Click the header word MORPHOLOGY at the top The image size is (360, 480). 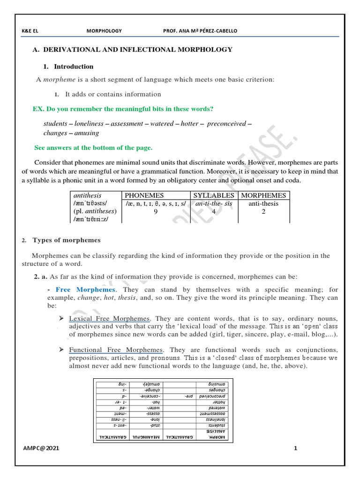(x=104, y=31)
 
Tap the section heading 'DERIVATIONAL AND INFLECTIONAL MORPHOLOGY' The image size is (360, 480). (x=138, y=49)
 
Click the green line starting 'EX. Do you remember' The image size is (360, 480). (x=123, y=109)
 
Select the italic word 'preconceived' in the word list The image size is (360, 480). (x=226, y=124)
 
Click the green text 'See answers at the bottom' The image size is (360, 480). (x=93, y=148)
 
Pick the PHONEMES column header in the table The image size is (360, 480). (x=144, y=195)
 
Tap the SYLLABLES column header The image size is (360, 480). (x=213, y=195)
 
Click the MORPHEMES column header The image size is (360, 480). (x=263, y=195)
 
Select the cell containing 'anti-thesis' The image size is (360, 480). (x=263, y=203)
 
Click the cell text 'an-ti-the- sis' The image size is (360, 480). (x=213, y=203)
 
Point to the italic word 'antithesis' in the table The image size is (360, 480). (x=88, y=195)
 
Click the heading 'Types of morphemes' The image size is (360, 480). (x=66, y=240)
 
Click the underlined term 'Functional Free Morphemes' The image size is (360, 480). (x=116, y=350)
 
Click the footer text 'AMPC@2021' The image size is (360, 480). (x=41, y=448)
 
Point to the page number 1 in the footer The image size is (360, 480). (x=296, y=448)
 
